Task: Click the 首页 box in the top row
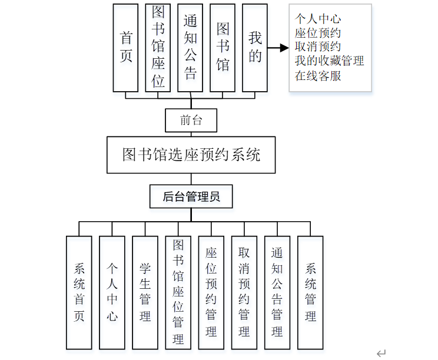pos(127,48)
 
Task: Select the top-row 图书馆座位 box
pos(158,48)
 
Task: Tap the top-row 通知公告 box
pos(190,48)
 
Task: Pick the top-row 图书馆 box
pos(223,48)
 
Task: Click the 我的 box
pos(255,48)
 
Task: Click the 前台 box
pos(191,120)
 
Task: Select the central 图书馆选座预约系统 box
pos(191,155)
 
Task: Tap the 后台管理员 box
pos(191,196)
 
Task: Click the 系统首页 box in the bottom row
pos(79,292)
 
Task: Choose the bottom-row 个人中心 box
pos(112,292)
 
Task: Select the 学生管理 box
pos(145,292)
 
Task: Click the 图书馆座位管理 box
pos(178,292)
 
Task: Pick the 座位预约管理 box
pos(211,292)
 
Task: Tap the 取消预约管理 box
pos(244,292)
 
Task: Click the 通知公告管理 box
pos(277,292)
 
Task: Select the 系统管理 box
pos(310,292)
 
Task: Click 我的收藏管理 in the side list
pos(329,61)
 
